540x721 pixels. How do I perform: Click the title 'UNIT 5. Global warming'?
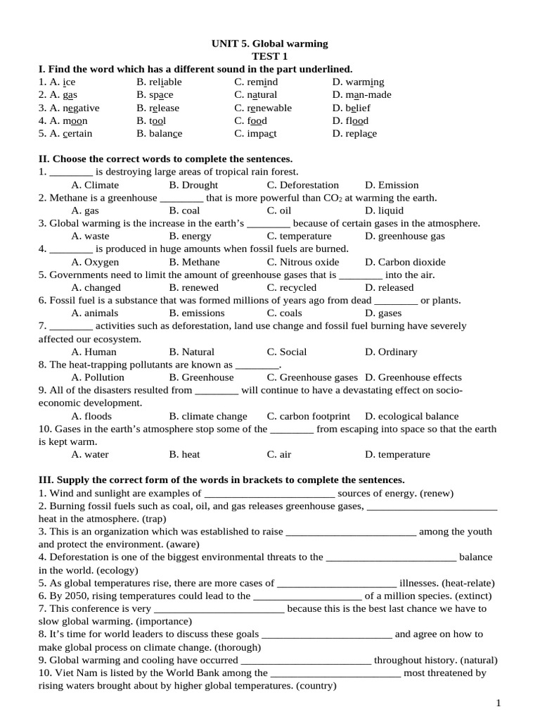click(x=270, y=44)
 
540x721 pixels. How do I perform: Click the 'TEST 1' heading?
click(x=270, y=56)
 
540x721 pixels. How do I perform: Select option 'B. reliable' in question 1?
click(x=159, y=82)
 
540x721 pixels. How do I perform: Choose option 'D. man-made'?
click(x=361, y=94)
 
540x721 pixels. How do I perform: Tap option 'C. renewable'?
click(x=263, y=108)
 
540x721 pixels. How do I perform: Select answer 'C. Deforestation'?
click(x=302, y=184)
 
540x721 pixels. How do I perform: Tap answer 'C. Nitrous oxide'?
click(x=302, y=262)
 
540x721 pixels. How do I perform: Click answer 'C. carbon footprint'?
click(x=307, y=415)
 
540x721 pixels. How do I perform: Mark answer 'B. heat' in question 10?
click(x=184, y=454)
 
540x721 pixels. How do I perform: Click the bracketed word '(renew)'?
click(x=437, y=493)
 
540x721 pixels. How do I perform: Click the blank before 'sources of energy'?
click(x=269, y=493)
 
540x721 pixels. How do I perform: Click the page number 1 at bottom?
click(x=498, y=703)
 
